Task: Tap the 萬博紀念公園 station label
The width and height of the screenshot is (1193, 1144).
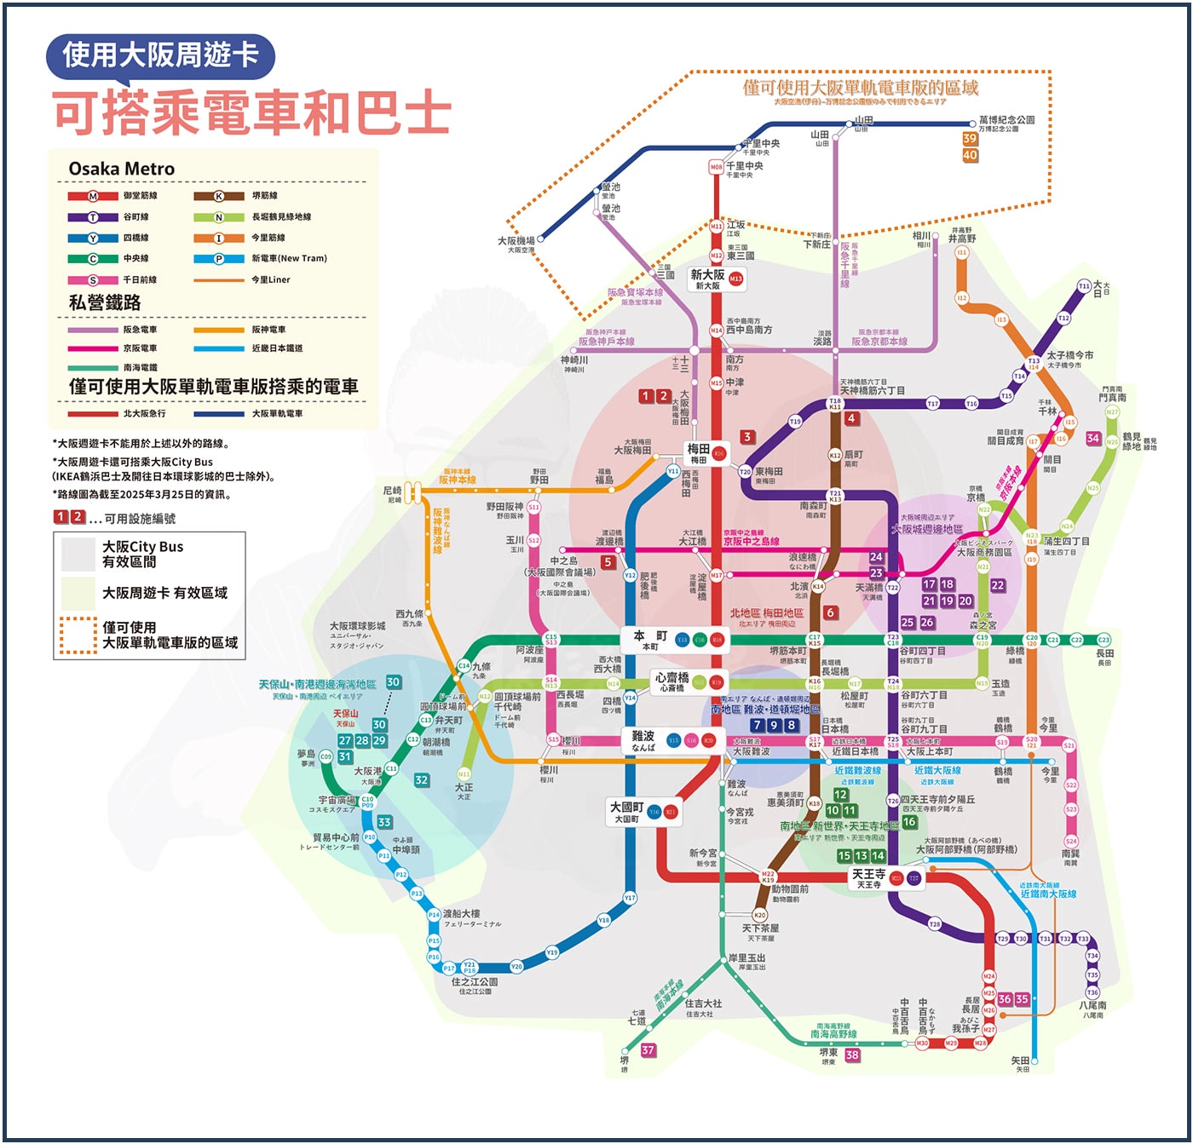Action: [x=1006, y=121]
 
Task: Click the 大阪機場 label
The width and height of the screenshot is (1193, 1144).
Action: [x=516, y=242]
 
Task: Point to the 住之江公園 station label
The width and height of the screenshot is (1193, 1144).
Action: [x=475, y=983]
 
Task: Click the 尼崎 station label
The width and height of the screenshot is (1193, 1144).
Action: [x=392, y=492]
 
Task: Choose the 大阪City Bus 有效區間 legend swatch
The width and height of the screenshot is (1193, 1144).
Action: [x=78, y=555]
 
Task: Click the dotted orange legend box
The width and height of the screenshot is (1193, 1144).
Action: [x=78, y=635]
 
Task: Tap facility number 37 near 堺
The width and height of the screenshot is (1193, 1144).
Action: [x=648, y=1049]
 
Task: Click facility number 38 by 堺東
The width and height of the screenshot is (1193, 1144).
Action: [x=852, y=1055]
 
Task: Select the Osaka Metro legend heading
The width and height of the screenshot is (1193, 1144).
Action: [x=121, y=169]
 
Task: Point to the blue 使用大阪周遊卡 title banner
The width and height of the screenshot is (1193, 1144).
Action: [x=160, y=55]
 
